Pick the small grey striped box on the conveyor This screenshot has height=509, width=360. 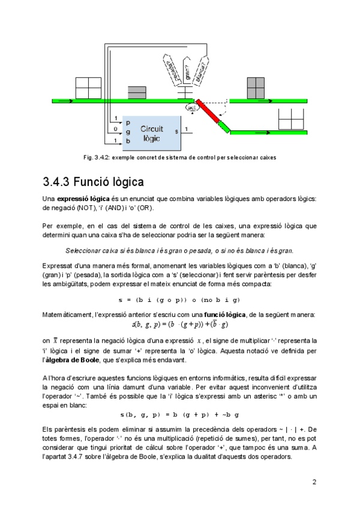137,92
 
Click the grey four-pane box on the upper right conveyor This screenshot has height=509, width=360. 254,88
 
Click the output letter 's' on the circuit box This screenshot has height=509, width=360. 176,130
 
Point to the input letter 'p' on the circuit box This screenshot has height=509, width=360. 128,122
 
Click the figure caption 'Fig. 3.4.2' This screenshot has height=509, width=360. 180,158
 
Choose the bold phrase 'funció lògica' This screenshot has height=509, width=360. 224,315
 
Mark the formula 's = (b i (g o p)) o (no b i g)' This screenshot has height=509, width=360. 179,299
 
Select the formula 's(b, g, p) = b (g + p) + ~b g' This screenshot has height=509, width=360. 179,415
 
